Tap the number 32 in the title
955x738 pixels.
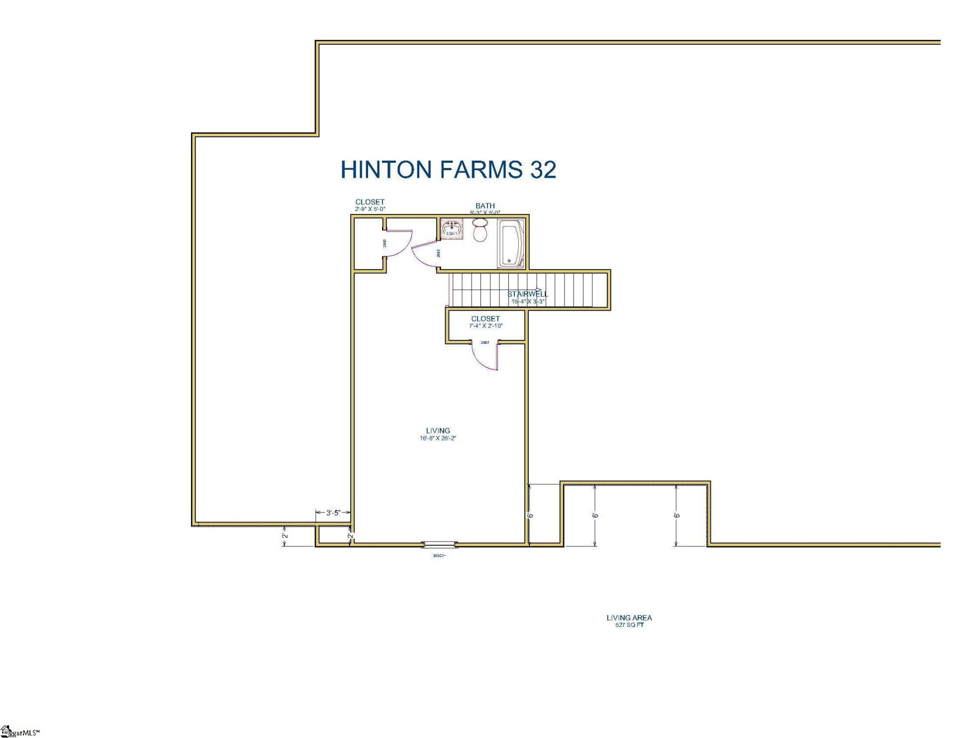click(x=543, y=170)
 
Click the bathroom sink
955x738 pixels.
click(x=452, y=229)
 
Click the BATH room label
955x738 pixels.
click(x=485, y=206)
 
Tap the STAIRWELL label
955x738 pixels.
click(x=527, y=294)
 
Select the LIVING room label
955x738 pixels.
click(x=438, y=430)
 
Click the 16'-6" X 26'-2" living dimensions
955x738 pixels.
click(x=438, y=438)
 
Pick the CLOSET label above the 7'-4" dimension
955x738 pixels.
click(x=485, y=318)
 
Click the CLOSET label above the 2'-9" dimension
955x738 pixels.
click(x=370, y=202)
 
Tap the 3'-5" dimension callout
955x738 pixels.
click(x=333, y=513)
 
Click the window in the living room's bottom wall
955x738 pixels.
click(x=439, y=544)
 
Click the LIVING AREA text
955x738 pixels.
click(x=629, y=618)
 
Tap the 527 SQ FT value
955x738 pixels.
click(x=629, y=625)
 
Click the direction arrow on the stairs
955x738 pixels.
click(x=539, y=289)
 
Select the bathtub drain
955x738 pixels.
click(x=509, y=261)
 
